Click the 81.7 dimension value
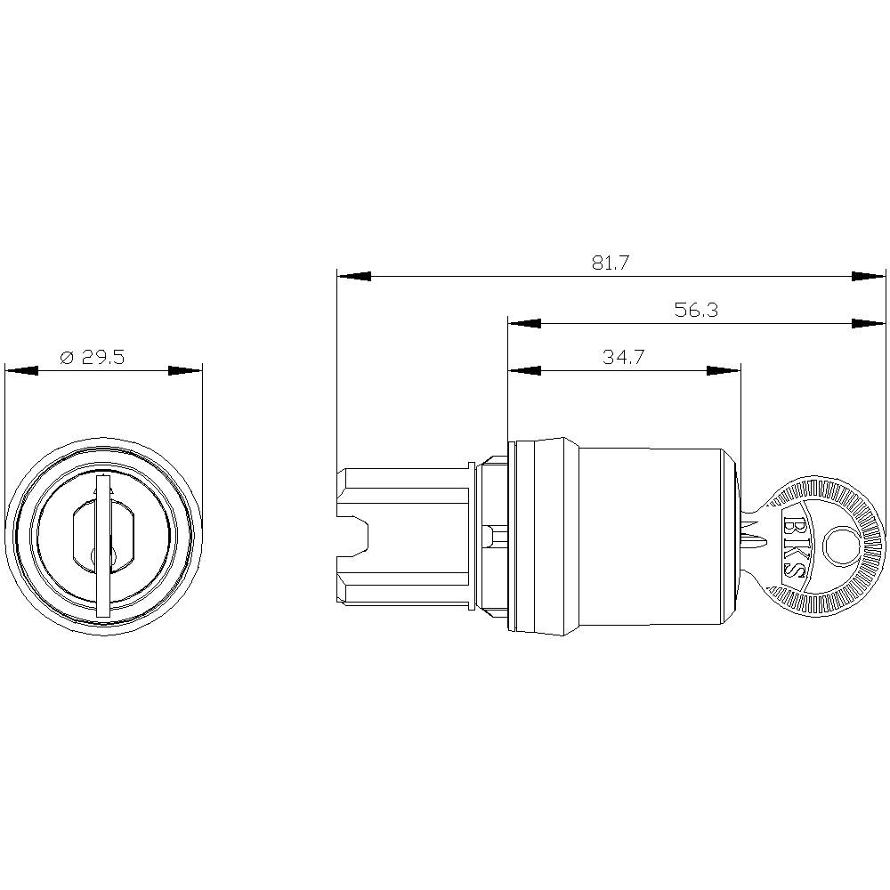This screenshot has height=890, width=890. [x=611, y=263]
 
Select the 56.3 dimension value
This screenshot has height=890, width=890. [x=696, y=310]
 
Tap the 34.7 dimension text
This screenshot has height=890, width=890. [x=623, y=358]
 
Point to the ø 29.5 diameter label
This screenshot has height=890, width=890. [x=93, y=358]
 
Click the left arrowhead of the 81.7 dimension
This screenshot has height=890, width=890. [x=353, y=277]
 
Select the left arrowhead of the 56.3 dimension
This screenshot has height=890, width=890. [x=524, y=323]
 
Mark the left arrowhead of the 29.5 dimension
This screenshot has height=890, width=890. [x=21, y=370]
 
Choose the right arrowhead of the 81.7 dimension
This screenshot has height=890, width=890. [x=870, y=277]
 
